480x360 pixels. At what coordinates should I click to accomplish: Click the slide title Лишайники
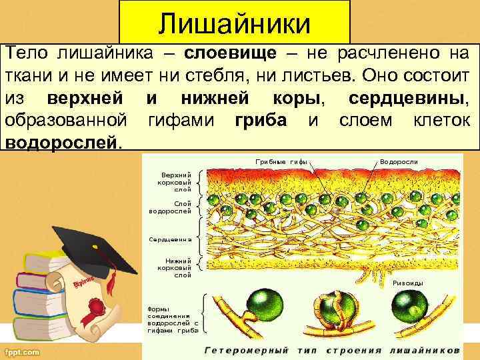[235, 24]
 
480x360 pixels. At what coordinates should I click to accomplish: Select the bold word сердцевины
[407, 98]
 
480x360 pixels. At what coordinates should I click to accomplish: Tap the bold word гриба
[261, 121]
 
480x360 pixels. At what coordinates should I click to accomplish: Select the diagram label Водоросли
[399, 161]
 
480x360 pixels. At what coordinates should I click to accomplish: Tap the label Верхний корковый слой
[174, 181]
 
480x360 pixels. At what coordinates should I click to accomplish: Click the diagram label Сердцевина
[170, 238]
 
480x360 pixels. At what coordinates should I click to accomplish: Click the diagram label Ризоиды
[408, 283]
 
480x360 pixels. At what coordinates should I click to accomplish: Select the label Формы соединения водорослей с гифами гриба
[173, 319]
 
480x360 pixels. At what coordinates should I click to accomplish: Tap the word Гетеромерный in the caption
[246, 349]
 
